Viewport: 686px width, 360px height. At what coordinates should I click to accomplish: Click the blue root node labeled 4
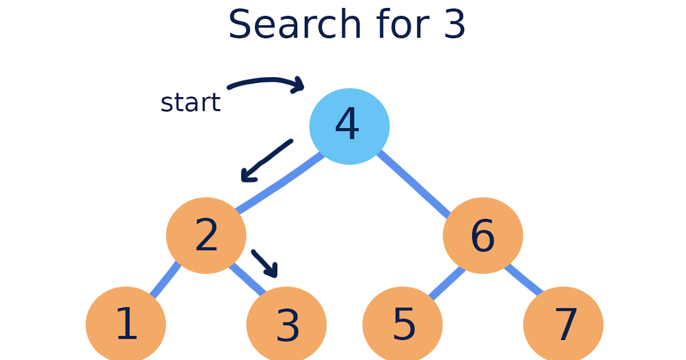(x=349, y=126)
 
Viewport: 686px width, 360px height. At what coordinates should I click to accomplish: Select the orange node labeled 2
(x=206, y=235)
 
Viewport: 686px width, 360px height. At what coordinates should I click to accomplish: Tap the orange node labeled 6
(x=482, y=235)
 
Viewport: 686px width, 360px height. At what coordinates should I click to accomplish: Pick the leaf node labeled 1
(x=126, y=324)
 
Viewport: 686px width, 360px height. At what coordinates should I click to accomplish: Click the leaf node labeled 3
(x=286, y=324)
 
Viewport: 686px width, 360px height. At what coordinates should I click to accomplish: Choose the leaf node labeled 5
(x=402, y=324)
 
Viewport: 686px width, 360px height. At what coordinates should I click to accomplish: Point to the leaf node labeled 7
(x=563, y=324)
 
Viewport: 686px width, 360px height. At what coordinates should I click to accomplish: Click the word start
(x=190, y=103)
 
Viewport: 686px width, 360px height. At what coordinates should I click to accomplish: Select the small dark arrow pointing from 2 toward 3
(x=265, y=262)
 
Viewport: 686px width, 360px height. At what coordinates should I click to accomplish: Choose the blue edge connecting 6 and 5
(x=446, y=283)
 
